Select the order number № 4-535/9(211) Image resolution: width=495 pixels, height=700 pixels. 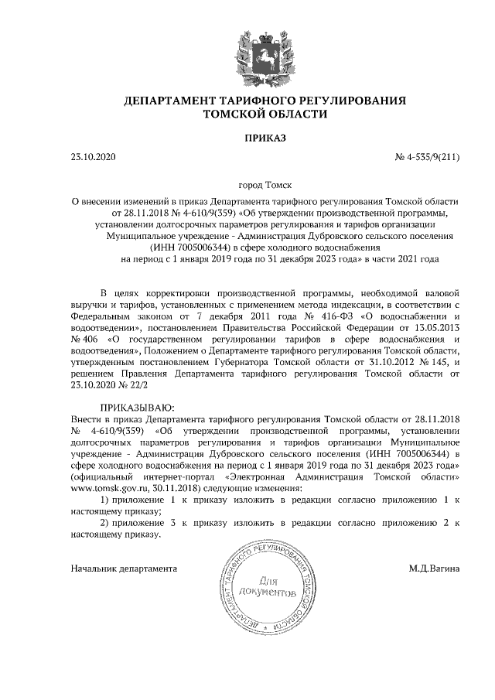coord(427,158)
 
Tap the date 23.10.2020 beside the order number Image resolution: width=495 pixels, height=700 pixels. coord(92,158)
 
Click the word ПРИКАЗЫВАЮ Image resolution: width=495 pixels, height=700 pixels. coord(138,407)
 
